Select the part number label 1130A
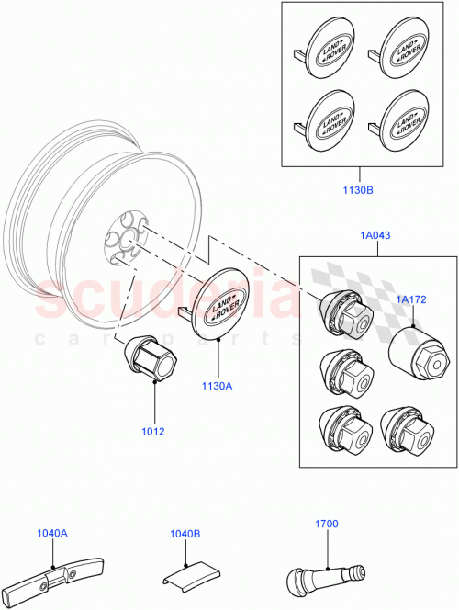tap(218, 387)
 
